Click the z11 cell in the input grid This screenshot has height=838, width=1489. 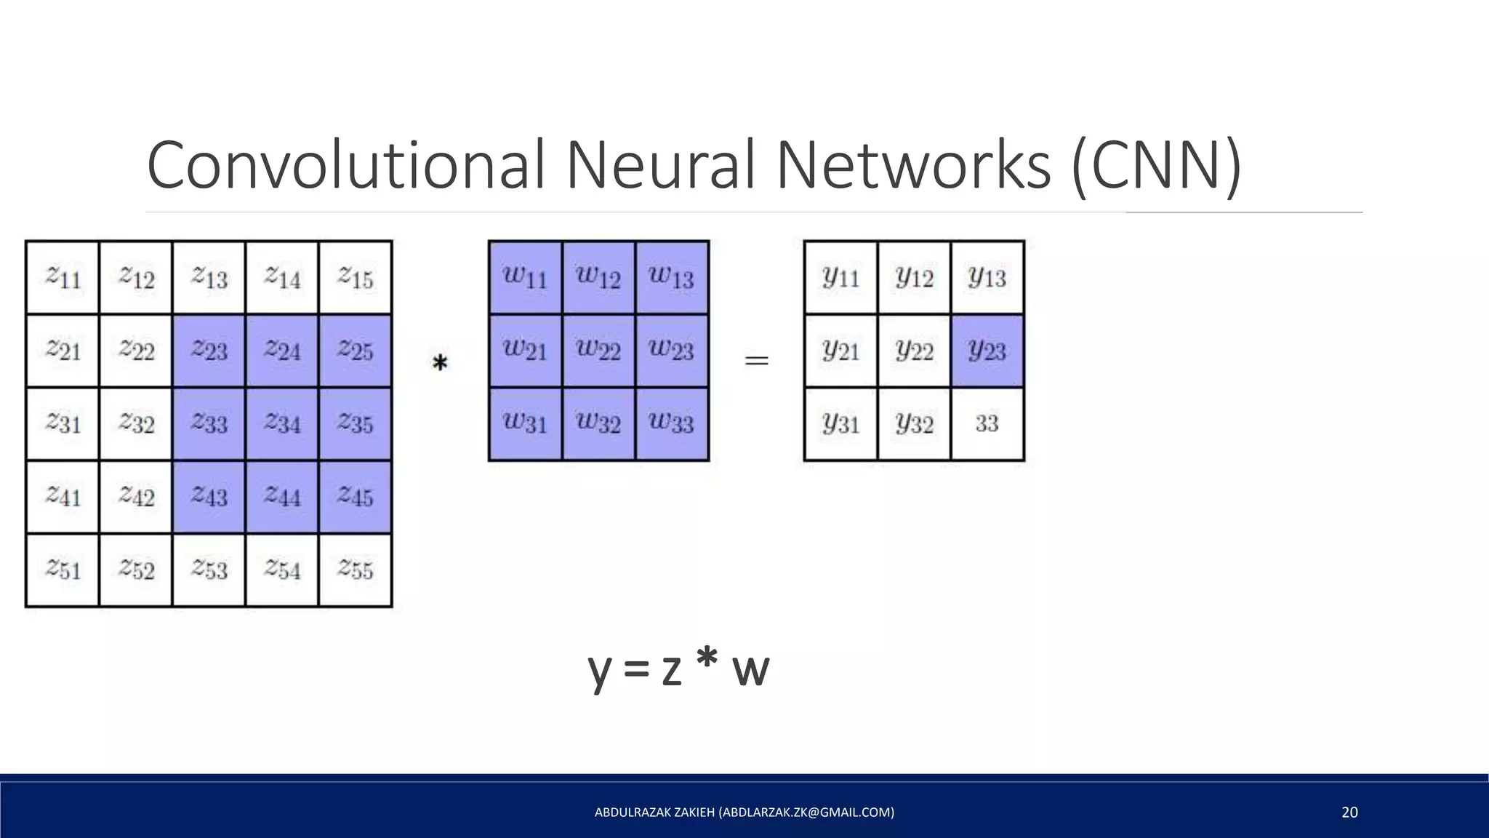click(x=63, y=278)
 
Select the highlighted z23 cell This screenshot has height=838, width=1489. click(x=209, y=351)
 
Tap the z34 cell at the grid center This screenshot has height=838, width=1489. click(x=282, y=423)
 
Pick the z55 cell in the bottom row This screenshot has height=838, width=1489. click(x=356, y=570)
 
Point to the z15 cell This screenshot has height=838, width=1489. click(x=356, y=278)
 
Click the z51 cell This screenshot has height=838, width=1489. click(x=63, y=570)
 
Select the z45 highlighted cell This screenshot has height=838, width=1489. click(x=356, y=497)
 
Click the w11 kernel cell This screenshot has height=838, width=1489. click(x=525, y=277)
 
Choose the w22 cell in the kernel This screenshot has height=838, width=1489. click(x=598, y=350)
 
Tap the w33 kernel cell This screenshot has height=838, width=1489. click(x=672, y=423)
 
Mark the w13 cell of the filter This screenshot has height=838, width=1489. click(x=672, y=277)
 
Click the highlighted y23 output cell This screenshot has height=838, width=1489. click(x=987, y=351)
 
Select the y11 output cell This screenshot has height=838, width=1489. click(x=841, y=277)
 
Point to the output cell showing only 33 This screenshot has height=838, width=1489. click(x=987, y=423)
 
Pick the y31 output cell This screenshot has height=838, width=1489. click(x=841, y=423)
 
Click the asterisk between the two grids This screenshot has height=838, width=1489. click(x=440, y=362)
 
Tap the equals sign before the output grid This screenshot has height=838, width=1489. click(x=757, y=360)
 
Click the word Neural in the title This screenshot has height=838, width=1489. click(x=660, y=166)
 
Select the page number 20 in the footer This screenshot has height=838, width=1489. click(x=1349, y=812)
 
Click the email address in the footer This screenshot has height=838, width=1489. click(x=806, y=812)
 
